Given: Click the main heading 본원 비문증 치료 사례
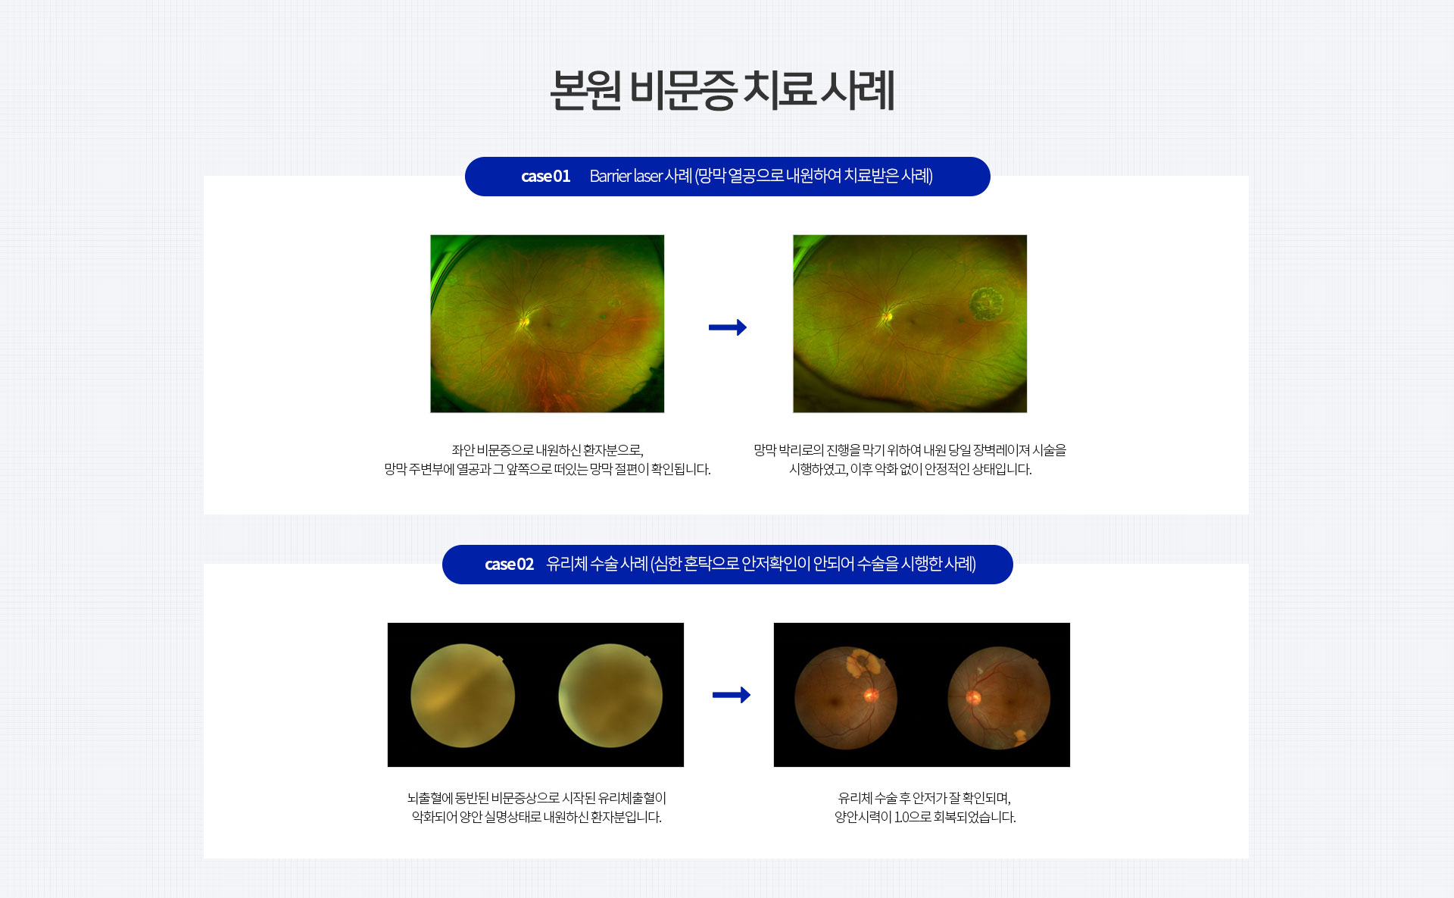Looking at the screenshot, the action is coord(722,90).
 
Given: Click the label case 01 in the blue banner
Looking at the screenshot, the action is coord(545,177).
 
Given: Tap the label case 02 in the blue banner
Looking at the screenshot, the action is coord(509,565).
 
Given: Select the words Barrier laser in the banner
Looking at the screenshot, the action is coord(626,176).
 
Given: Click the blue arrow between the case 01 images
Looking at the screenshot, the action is coord(728,327).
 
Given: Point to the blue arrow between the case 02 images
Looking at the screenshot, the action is coord(732,695).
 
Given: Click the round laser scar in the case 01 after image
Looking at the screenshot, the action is coord(986,304).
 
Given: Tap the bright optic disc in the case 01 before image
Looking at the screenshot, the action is coord(523,322).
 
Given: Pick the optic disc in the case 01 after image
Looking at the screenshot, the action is coord(888,315).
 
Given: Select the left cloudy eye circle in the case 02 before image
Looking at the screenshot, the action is coord(463,696).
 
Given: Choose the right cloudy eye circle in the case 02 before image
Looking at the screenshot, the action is coord(610,696).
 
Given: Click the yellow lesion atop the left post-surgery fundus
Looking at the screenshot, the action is coord(863,662).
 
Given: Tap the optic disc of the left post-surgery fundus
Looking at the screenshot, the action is coord(871,694).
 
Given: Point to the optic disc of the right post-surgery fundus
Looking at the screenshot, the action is coord(974,697).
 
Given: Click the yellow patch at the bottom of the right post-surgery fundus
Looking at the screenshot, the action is coord(1019,735).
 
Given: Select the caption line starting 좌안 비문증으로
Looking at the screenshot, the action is coord(548,450).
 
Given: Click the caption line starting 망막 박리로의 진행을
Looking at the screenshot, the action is coord(910,450).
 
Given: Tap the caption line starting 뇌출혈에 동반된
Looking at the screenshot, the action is coord(536,798).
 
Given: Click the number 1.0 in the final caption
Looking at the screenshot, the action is coord(902,817).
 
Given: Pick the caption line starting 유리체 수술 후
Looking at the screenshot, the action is coord(924,798).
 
